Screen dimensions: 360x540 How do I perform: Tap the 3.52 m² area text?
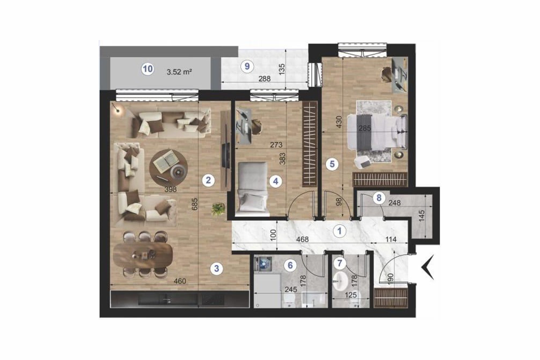click(x=180, y=71)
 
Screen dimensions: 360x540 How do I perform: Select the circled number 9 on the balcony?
click(x=246, y=66)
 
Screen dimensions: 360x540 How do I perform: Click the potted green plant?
click(x=218, y=209)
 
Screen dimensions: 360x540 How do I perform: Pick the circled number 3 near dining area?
click(x=217, y=269)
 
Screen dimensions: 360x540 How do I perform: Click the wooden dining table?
click(x=143, y=255)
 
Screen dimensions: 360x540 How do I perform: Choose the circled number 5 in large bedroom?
click(x=332, y=164)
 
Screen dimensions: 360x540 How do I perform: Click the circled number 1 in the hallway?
click(x=340, y=231)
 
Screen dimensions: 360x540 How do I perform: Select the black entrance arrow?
click(x=427, y=267)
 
